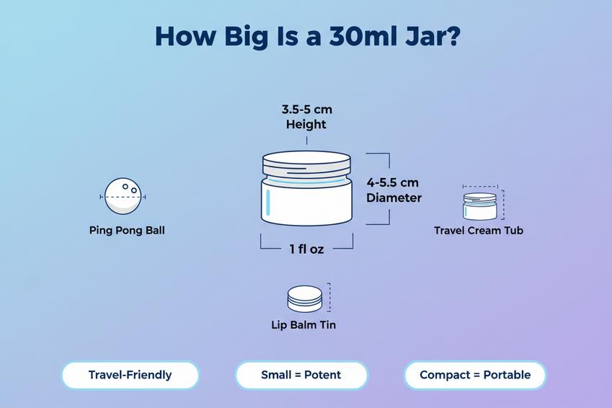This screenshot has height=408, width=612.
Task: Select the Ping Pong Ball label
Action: (x=127, y=231)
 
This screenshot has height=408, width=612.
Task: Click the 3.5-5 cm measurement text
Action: (x=306, y=110)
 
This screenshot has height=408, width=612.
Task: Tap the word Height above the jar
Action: (x=306, y=124)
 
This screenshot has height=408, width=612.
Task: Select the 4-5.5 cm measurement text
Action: (x=392, y=182)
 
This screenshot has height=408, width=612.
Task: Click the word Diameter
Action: (x=394, y=198)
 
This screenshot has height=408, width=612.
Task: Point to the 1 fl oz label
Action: (x=306, y=249)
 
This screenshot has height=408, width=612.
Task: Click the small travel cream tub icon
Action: (x=479, y=205)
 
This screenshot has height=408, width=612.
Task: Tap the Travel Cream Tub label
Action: (x=479, y=231)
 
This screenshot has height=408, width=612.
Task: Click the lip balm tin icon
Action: (x=304, y=298)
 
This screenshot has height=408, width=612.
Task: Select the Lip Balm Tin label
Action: (x=303, y=325)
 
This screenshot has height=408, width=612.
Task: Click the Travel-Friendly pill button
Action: (x=130, y=375)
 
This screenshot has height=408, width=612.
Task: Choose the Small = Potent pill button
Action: (x=301, y=375)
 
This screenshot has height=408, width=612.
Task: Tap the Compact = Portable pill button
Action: (x=475, y=375)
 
